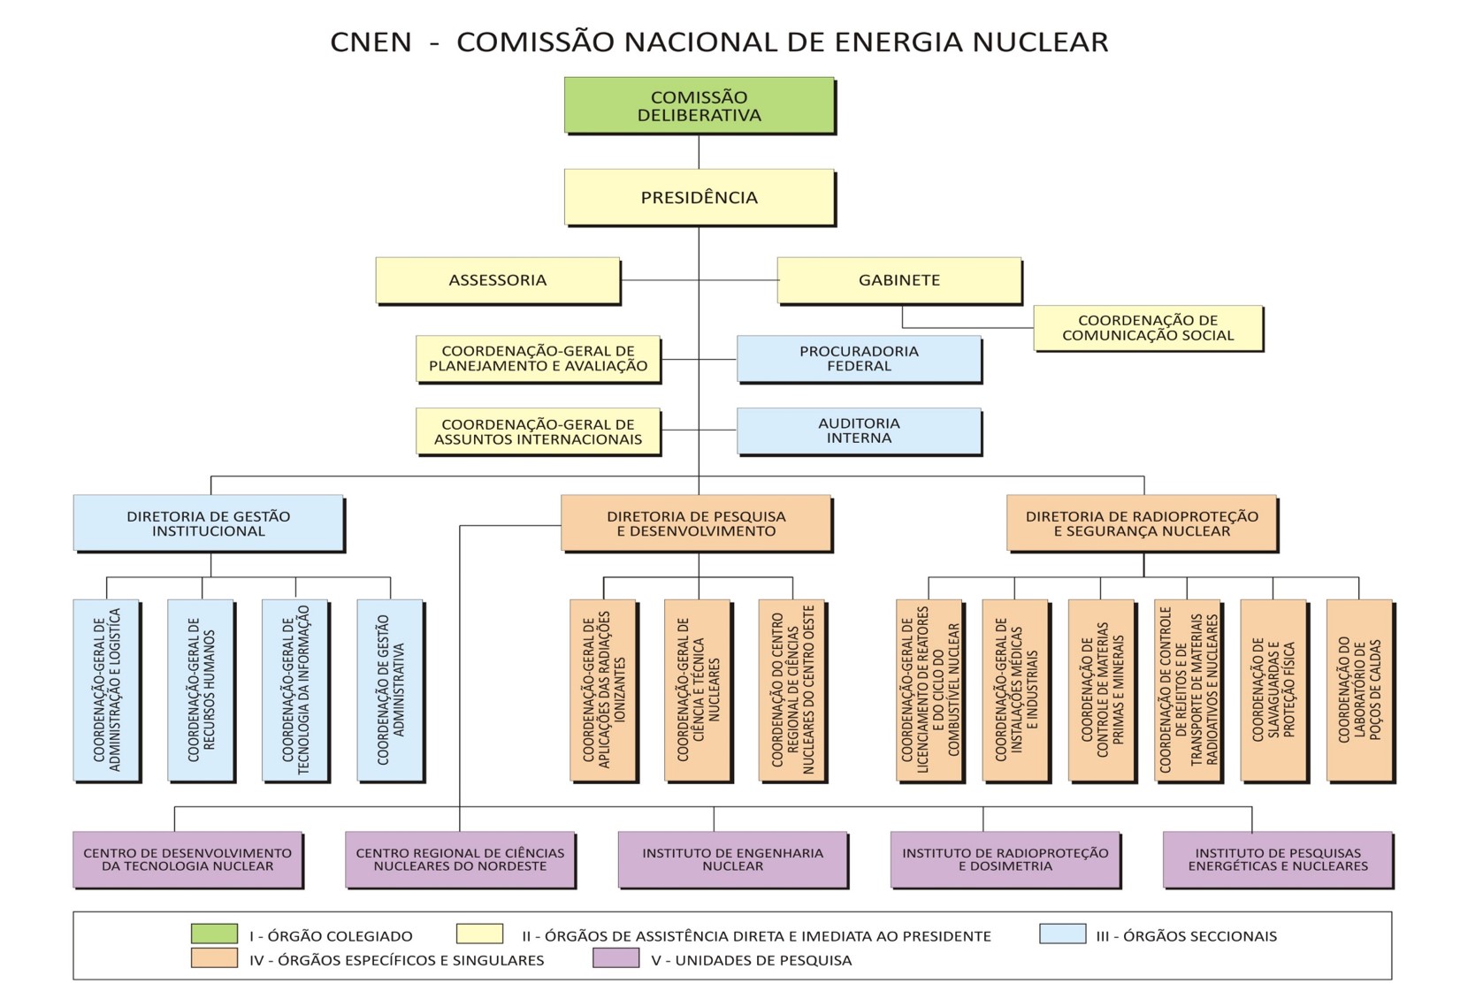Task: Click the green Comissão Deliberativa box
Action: pyautogui.click(x=699, y=105)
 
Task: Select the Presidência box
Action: pyautogui.click(x=699, y=197)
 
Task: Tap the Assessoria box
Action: pyautogui.click(x=497, y=280)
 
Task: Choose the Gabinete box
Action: pyautogui.click(x=898, y=280)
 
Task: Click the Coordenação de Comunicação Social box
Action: pyautogui.click(x=1147, y=328)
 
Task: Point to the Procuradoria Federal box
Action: pyautogui.click(x=859, y=358)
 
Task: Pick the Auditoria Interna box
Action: pyautogui.click(x=859, y=431)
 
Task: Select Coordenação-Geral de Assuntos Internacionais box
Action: pyautogui.click(x=538, y=431)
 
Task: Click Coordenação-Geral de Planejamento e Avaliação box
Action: pyautogui.click(x=538, y=358)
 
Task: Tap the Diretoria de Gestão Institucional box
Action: pyautogui.click(x=208, y=523)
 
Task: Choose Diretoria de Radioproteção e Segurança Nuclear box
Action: pyautogui.click(x=1141, y=523)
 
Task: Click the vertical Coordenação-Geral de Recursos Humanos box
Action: pyautogui.click(x=201, y=690)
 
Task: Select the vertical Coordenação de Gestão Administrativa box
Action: pyautogui.click(x=390, y=690)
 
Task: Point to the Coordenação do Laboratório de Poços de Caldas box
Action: pyautogui.click(x=1359, y=690)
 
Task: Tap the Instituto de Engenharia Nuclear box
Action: pyautogui.click(x=732, y=859)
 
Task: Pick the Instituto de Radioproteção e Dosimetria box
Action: pyautogui.click(x=1005, y=859)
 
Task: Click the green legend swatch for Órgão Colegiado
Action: pyautogui.click(x=214, y=934)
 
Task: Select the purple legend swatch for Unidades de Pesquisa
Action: pyautogui.click(x=615, y=958)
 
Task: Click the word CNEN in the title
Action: pyautogui.click(x=371, y=42)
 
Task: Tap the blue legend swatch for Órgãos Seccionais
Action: pyautogui.click(x=1062, y=934)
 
